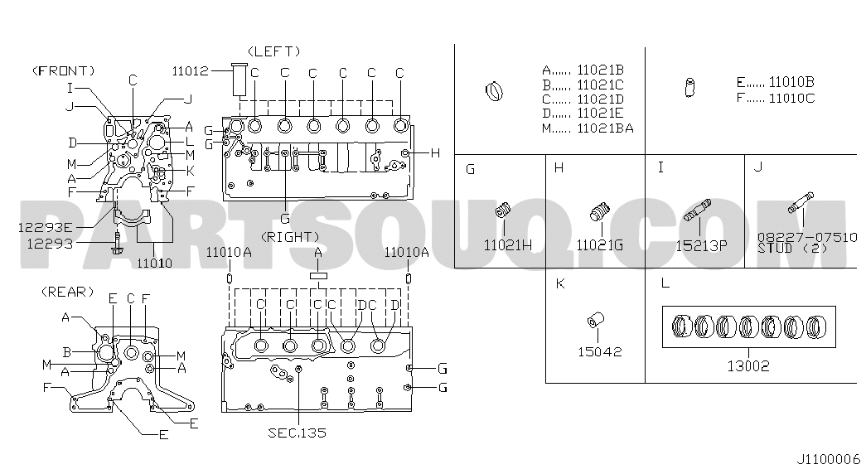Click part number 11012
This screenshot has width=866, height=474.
pos(190,70)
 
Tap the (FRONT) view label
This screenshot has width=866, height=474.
pos(64,70)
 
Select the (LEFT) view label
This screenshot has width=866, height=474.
pos(274,51)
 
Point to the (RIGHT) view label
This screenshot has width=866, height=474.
pos(290,237)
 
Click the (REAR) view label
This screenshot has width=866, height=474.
pos(67,292)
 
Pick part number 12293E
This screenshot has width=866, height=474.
pos(46,227)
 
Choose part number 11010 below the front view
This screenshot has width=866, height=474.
pos(155,263)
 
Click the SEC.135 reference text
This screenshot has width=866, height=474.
pos(298,433)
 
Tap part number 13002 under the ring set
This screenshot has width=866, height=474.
pos(748,365)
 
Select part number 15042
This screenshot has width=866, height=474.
pos(600,351)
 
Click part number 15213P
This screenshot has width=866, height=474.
pos(701,245)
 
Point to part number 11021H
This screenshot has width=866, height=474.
pos(508,244)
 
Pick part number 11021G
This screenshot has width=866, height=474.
pos(600,244)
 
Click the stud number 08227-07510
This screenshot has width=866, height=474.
pos(807,237)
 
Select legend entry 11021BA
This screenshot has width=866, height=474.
pos(605,128)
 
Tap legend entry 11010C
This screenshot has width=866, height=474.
pos(792,99)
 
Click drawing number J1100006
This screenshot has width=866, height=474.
pos(829,459)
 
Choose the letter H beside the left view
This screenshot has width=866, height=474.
pos(435,153)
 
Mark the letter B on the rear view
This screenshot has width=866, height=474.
pos(67,352)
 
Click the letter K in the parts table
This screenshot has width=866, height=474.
pos(560,283)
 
